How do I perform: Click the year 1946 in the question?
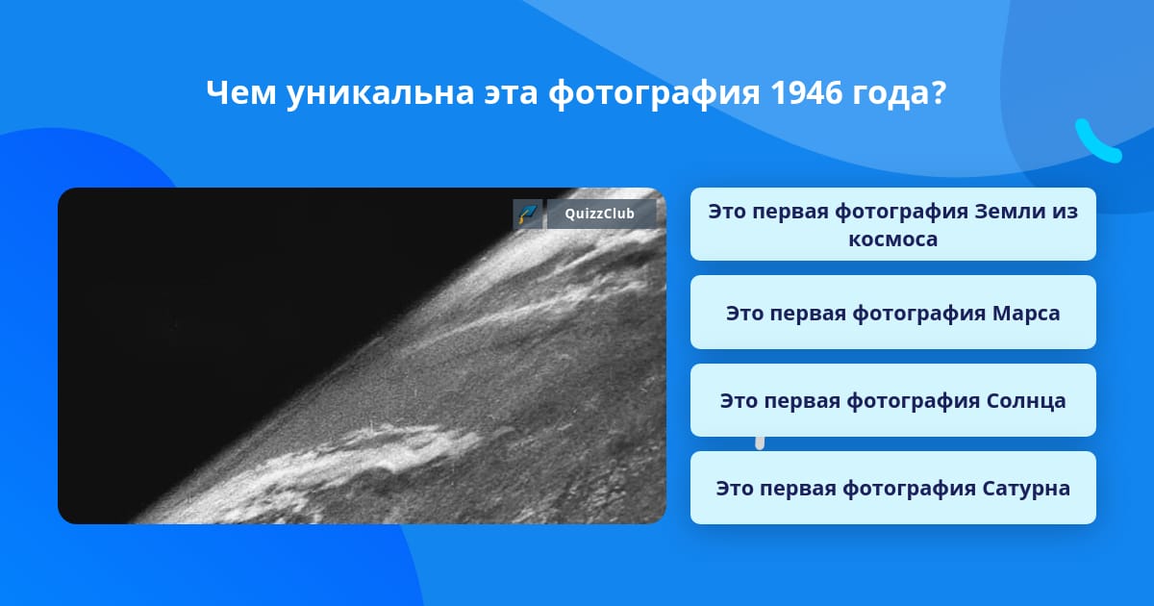click(806, 92)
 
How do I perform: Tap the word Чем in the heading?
click(240, 92)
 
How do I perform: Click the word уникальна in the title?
click(380, 94)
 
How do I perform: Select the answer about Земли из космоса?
click(892, 224)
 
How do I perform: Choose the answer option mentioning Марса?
click(892, 313)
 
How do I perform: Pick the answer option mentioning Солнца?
click(892, 400)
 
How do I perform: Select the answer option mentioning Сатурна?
click(892, 488)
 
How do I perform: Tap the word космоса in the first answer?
click(892, 240)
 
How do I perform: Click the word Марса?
click(1026, 314)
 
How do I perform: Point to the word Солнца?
click(1026, 401)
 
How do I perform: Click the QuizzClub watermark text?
click(599, 214)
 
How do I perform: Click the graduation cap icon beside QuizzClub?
click(528, 214)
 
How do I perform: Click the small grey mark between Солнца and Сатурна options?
click(760, 443)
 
